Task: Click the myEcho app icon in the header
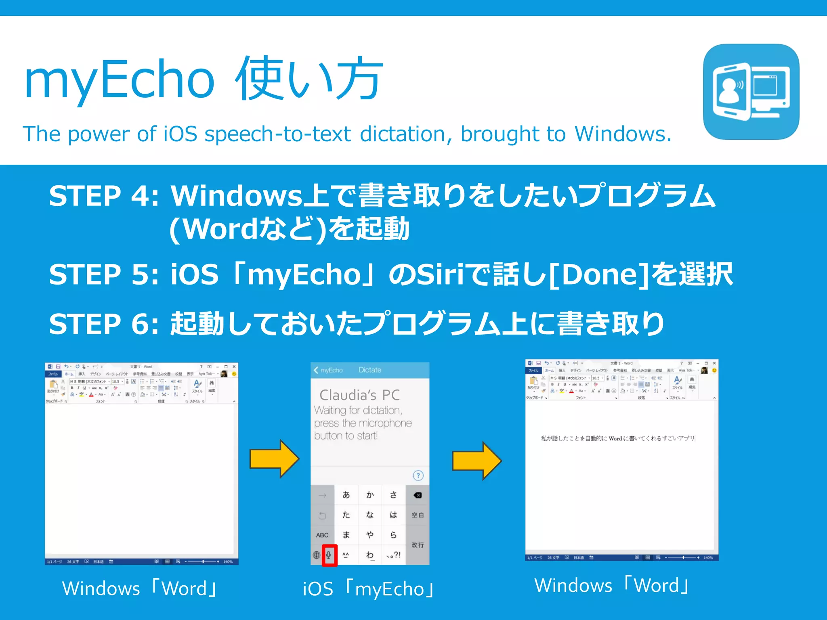751,92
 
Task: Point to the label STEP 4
103,196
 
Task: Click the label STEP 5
103,274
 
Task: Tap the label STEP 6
103,324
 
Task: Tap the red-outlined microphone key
329,555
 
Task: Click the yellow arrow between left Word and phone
274,459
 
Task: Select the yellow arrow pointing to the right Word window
476,461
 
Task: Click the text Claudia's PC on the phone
359,395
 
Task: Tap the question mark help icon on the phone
418,475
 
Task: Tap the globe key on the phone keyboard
317,555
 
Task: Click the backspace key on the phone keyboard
418,495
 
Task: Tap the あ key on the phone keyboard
346,495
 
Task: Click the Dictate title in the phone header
369,370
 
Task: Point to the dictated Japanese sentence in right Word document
618,438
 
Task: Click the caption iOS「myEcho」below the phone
368,589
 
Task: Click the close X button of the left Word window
234,367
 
